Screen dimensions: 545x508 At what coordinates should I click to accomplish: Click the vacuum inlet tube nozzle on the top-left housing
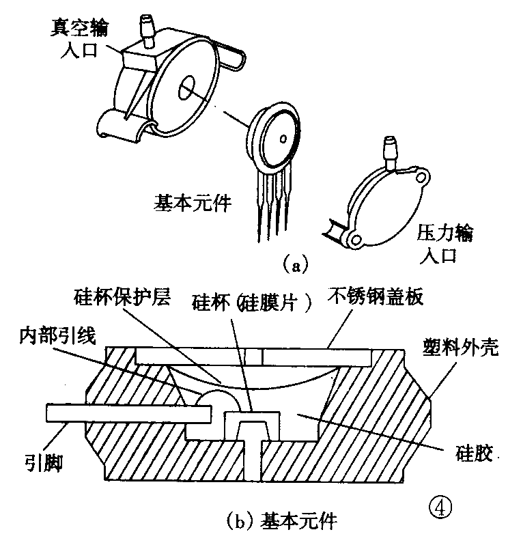(145, 27)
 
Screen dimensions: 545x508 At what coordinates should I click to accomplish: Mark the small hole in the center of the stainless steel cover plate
(261, 356)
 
